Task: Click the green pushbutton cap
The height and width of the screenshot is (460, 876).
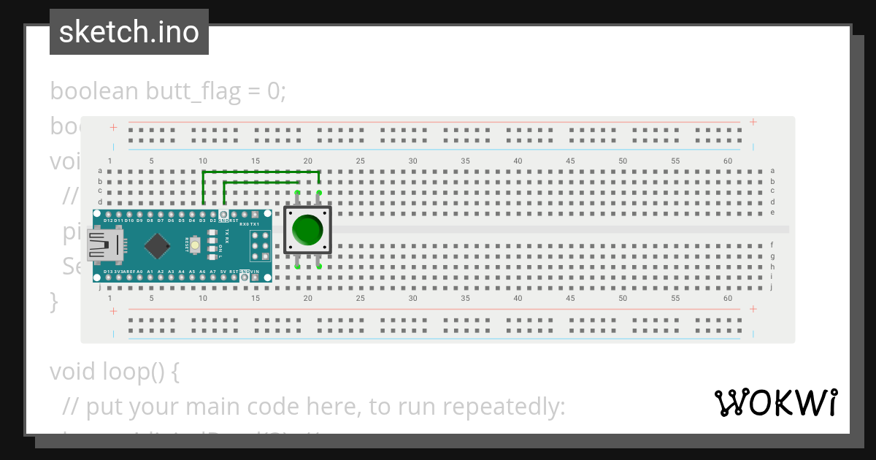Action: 307,230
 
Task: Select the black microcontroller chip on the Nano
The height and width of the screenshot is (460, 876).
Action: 157,246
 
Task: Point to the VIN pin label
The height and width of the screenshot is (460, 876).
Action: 254,272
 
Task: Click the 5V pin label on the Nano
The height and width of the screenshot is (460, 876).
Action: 223,272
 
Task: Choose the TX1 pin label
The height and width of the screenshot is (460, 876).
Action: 255,224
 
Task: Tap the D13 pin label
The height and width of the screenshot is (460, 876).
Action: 108,272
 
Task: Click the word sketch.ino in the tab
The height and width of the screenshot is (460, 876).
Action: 129,32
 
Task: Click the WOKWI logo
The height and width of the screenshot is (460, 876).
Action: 776,402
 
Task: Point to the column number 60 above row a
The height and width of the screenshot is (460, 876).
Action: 728,161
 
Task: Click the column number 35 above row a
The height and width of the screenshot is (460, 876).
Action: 465,161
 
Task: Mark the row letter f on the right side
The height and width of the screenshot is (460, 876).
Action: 772,245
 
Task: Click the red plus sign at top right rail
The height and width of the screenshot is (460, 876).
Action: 753,122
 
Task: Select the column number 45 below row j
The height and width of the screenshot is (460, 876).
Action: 570,299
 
